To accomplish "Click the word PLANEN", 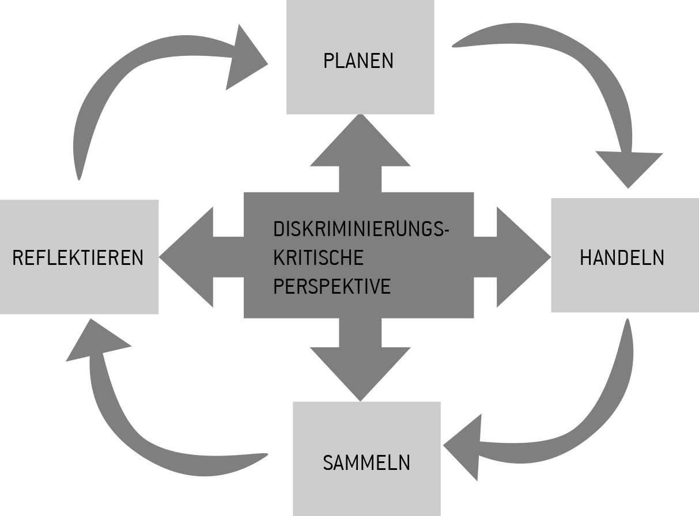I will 358,61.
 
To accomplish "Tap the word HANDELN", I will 622,258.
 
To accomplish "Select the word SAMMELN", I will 366,462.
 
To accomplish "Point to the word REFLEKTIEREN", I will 78,258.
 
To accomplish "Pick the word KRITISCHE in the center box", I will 318,257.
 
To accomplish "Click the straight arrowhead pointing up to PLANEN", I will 360,144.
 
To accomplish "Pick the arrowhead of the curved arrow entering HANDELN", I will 629,168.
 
